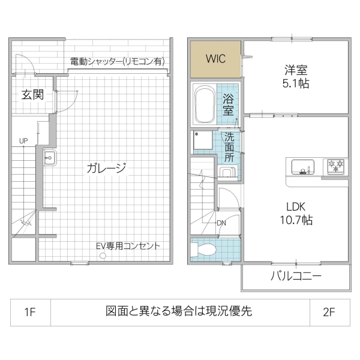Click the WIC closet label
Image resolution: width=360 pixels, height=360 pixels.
(x=216, y=59)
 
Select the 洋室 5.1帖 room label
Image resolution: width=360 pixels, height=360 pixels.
(x=296, y=77)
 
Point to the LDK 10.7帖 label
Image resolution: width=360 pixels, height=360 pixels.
(x=296, y=213)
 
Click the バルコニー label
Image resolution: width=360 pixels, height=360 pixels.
(x=296, y=277)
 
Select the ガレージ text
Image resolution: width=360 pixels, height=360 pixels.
(x=106, y=168)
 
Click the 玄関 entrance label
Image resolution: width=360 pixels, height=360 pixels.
(x=32, y=94)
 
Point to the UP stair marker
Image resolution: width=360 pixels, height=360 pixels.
(x=23, y=141)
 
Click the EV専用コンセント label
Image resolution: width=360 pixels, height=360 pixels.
(x=128, y=246)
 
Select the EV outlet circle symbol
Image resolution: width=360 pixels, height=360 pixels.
(x=103, y=256)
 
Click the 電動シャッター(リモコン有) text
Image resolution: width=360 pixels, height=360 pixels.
(x=117, y=61)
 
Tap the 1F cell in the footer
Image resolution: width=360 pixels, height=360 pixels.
(x=30, y=311)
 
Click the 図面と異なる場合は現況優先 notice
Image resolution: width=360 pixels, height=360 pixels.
(x=179, y=311)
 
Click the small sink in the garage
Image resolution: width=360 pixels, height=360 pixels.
(x=49, y=158)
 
